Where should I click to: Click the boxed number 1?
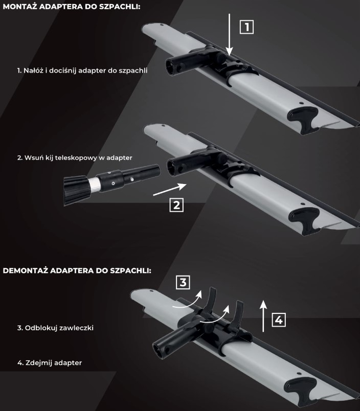click(x=246, y=27)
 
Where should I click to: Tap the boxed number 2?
click(x=176, y=204)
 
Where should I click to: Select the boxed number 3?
click(x=183, y=282)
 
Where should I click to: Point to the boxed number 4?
click(x=279, y=320)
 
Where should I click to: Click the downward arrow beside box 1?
click(x=230, y=35)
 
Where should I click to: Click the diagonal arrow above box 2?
click(x=170, y=189)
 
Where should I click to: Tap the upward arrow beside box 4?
click(x=263, y=316)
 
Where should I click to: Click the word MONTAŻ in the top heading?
click(x=19, y=7)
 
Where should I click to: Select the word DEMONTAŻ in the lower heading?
click(x=25, y=270)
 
